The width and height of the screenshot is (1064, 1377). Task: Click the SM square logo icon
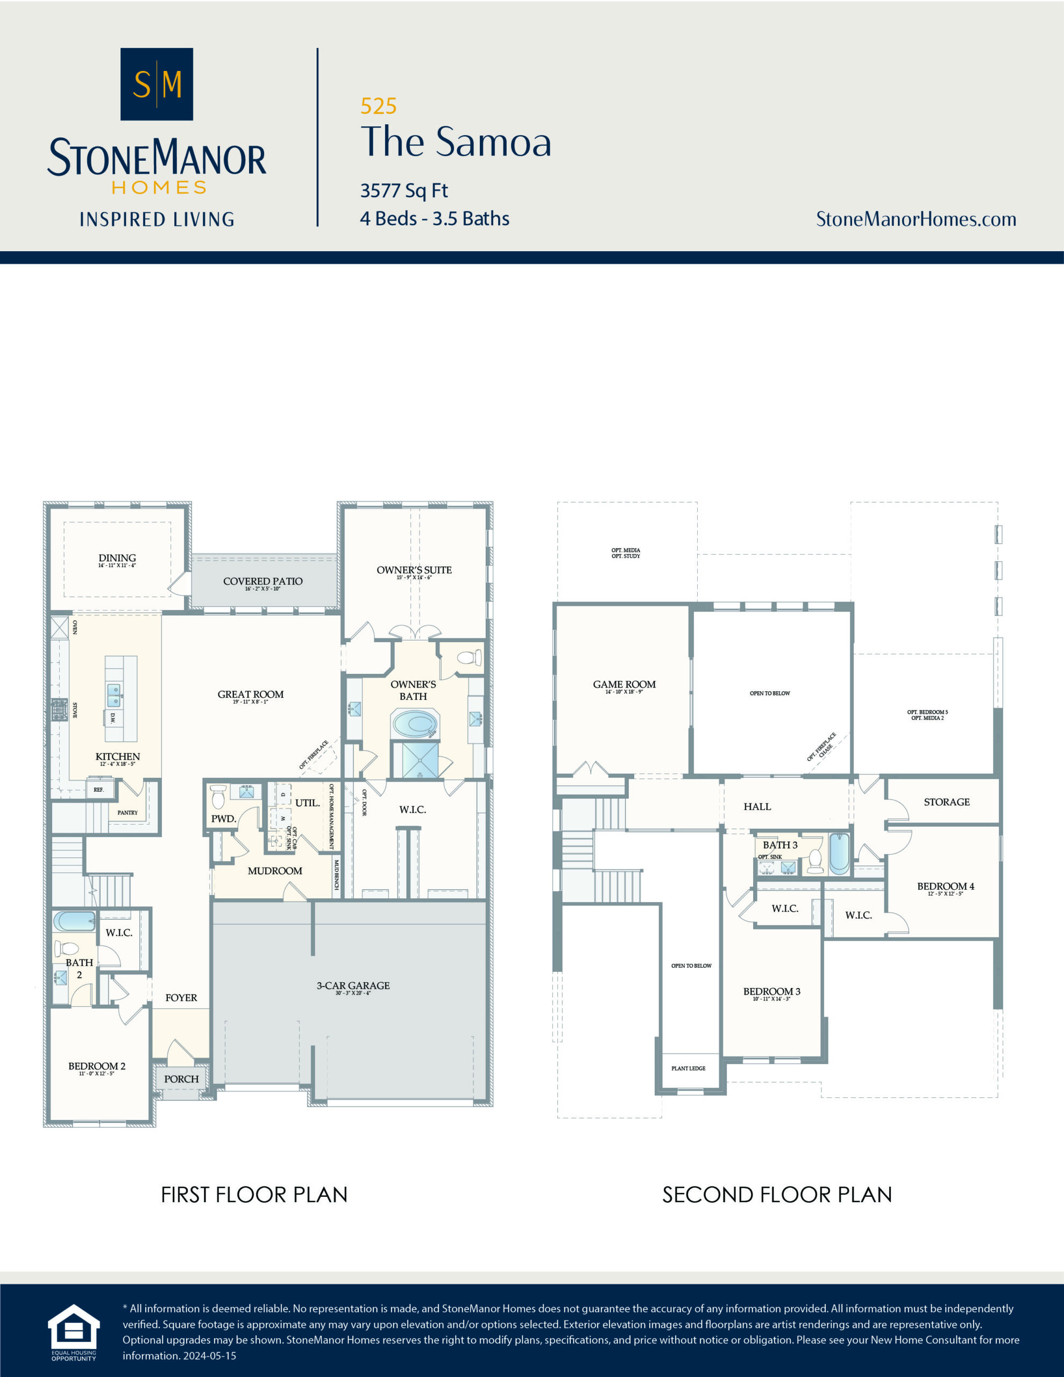tap(157, 84)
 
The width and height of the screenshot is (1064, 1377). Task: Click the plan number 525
tap(378, 106)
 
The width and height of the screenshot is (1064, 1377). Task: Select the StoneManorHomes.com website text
tap(916, 219)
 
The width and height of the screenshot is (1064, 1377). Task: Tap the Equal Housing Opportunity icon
tap(74, 1332)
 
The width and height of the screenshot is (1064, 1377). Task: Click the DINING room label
tap(117, 558)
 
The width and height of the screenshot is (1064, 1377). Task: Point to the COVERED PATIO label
tap(263, 581)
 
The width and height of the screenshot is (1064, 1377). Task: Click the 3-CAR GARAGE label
tap(353, 985)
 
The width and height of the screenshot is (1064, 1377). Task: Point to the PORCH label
tap(182, 1079)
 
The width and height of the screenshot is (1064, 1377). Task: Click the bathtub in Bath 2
tap(74, 921)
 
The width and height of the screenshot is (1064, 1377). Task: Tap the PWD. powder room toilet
tap(218, 797)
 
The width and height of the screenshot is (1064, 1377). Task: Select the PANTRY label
tap(127, 813)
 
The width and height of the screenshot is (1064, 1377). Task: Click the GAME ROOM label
tap(624, 684)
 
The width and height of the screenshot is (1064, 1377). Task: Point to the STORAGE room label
tap(946, 802)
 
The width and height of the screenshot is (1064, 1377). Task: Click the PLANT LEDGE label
tap(688, 1068)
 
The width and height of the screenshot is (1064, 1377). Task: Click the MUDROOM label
tap(274, 871)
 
